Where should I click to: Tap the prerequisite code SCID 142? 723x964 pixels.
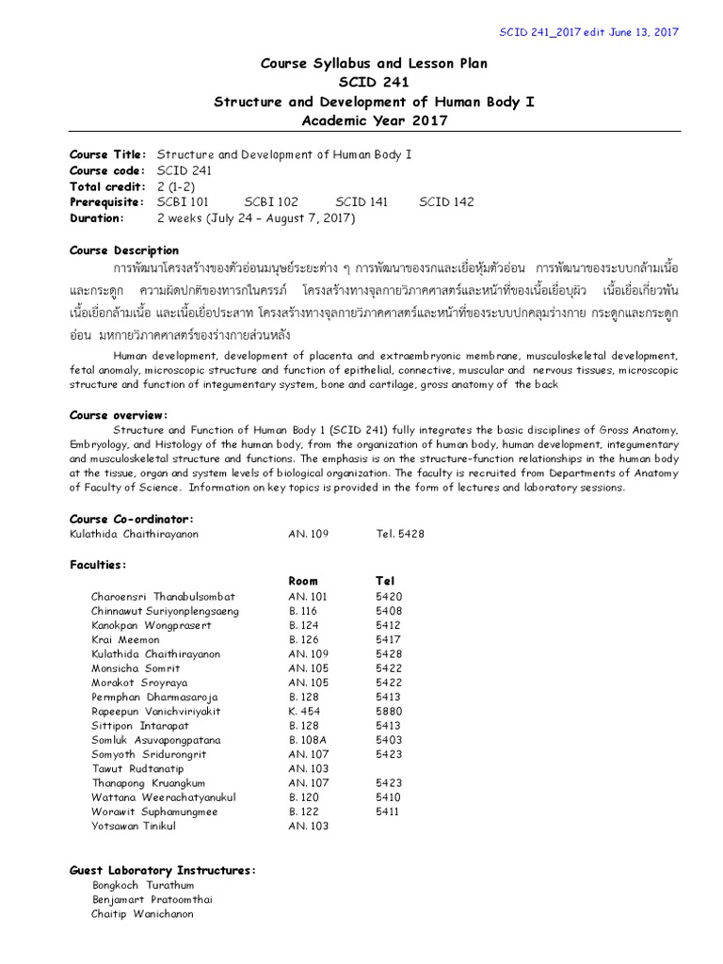click(446, 201)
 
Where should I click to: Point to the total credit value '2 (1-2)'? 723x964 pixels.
click(177, 185)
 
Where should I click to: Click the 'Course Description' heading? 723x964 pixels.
click(124, 250)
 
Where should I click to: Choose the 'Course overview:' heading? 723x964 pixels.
click(120, 414)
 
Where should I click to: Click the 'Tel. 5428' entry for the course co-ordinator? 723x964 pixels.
click(400, 533)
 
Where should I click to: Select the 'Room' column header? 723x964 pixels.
click(303, 581)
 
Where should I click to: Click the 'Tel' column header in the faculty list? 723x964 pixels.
click(385, 581)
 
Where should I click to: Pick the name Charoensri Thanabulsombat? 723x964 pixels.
click(163, 596)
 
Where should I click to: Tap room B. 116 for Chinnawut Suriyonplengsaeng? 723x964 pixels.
click(303, 611)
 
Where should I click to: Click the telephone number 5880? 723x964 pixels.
click(388, 712)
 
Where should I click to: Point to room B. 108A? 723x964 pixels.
click(307, 740)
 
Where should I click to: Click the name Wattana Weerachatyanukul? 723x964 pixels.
click(163, 797)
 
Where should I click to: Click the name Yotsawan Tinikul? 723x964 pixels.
click(134, 826)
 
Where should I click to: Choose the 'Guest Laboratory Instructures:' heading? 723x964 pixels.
click(163, 870)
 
